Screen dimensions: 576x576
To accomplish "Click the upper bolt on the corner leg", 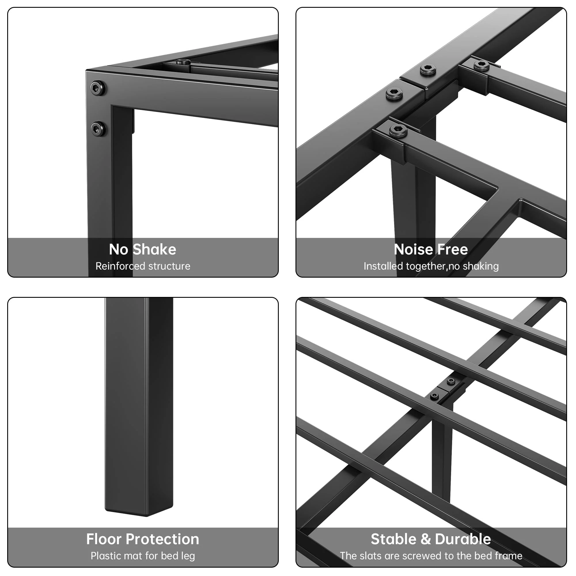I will [98, 88].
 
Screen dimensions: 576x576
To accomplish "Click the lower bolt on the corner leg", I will [98, 129].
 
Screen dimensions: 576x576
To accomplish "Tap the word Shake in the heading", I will [154, 249].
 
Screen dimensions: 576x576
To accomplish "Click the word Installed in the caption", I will [383, 266].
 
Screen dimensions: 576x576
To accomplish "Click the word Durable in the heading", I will [463, 539].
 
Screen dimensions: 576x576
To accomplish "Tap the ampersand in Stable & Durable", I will [425, 539].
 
